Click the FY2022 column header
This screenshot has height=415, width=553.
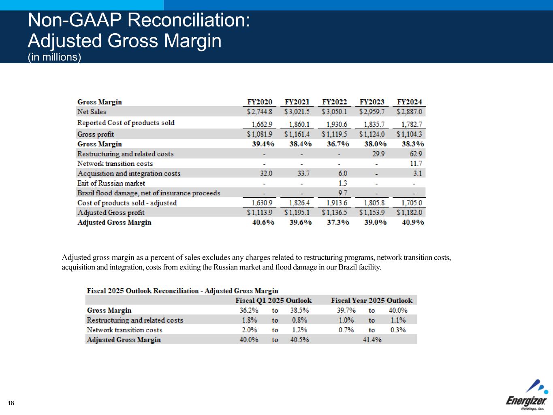(x=334, y=102)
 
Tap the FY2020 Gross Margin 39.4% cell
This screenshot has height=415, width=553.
(x=263, y=144)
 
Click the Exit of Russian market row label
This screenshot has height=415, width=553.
(x=111, y=183)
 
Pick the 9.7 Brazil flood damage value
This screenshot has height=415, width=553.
(x=343, y=193)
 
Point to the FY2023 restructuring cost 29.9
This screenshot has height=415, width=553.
(x=378, y=154)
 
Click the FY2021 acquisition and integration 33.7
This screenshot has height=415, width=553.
(x=303, y=173)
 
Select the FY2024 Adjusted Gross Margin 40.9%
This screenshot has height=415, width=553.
(x=413, y=222)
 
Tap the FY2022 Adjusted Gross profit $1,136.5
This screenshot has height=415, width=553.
(x=334, y=212)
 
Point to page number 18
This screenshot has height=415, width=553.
(x=11, y=403)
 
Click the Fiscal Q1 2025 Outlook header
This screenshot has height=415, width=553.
(x=273, y=300)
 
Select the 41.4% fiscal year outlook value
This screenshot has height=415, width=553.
(x=372, y=340)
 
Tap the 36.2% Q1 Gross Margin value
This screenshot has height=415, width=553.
(x=249, y=310)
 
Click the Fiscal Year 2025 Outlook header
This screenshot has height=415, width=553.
(x=372, y=300)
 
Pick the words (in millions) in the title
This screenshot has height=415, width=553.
(x=54, y=57)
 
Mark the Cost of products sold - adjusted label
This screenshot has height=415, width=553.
(x=127, y=203)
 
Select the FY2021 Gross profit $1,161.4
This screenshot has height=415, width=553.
(x=297, y=134)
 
